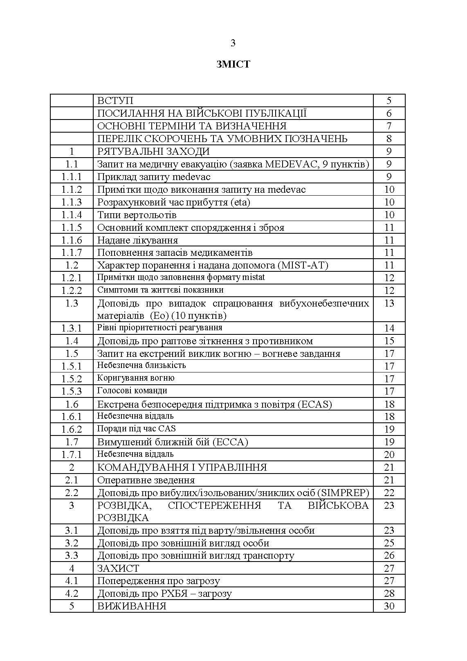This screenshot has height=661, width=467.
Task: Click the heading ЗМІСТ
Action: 233,64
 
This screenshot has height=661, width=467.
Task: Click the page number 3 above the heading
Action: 233,43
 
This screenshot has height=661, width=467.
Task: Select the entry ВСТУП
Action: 115,101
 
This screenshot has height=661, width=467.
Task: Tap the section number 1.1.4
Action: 72,215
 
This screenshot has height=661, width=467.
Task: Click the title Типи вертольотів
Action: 137,215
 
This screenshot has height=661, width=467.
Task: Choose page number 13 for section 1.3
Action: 389,303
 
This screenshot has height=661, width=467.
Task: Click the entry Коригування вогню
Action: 136,378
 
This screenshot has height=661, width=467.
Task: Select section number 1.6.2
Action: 72,429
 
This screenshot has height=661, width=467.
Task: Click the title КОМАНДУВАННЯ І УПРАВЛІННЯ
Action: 182,467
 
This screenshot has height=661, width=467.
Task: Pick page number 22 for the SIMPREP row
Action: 389,493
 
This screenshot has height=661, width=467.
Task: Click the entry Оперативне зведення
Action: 146,480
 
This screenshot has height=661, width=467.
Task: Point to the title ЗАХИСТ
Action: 118,569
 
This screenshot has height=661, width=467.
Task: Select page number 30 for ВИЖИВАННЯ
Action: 389,606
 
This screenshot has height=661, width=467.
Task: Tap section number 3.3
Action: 72,556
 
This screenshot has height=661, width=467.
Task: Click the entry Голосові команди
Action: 132,391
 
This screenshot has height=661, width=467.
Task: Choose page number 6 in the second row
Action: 389,113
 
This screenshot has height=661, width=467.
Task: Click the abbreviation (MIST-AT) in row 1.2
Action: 303,265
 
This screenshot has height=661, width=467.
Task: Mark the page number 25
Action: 389,543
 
